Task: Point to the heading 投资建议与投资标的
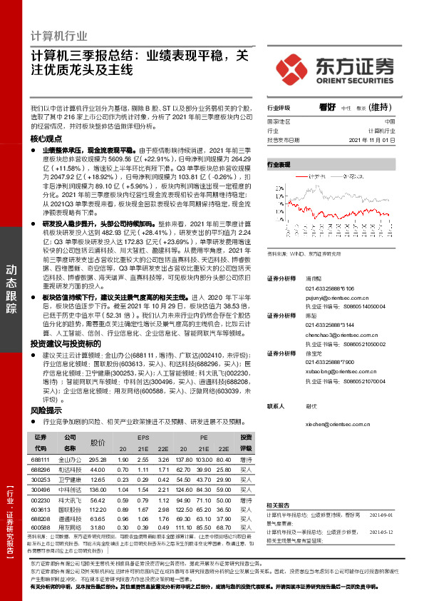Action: point(62,343)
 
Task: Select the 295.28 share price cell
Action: point(98,460)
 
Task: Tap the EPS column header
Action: point(143,436)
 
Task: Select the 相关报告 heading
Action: point(280,505)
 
